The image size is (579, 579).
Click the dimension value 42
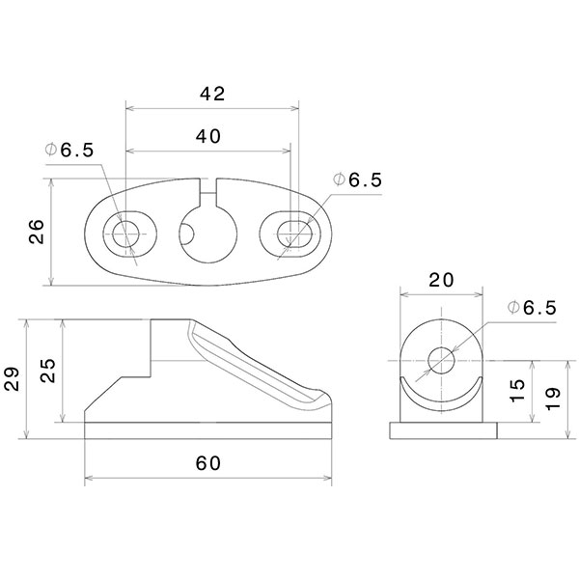(211, 94)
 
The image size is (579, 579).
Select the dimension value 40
(208, 137)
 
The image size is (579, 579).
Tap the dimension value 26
(36, 233)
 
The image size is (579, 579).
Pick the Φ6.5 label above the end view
(532, 308)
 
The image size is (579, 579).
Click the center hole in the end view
(442, 361)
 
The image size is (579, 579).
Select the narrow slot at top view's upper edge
(209, 184)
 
